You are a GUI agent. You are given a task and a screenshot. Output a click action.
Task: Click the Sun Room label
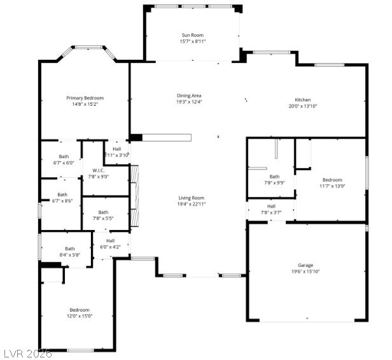click(192, 35)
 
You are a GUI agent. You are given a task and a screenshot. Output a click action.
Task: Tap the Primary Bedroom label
click(85, 98)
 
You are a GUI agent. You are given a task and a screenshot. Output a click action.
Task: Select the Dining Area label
click(189, 96)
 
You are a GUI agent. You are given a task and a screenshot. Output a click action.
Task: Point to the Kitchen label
click(302, 100)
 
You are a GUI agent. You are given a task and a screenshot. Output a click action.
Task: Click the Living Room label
click(191, 198)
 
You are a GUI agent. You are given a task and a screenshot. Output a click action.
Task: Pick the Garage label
click(305, 265)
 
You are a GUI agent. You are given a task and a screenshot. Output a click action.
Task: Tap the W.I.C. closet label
click(98, 170)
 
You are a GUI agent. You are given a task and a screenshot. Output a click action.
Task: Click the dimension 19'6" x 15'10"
click(305, 271)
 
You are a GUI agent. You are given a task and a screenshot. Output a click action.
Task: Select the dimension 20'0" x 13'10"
click(302, 106)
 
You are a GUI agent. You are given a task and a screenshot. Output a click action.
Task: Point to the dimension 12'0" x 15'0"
click(80, 316)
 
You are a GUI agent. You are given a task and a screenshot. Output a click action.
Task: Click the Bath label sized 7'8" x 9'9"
click(274, 176)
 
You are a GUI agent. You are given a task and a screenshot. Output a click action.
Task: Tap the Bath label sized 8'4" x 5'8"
click(70, 248)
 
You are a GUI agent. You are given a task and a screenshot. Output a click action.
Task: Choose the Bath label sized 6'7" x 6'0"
click(64, 156)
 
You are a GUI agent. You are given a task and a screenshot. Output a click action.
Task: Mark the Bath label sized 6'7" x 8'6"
click(62, 194)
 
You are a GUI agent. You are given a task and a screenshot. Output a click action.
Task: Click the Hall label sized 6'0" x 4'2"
click(110, 240)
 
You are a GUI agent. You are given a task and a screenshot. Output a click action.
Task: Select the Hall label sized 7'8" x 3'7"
click(271, 206)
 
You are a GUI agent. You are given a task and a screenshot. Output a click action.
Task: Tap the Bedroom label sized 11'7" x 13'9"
click(333, 180)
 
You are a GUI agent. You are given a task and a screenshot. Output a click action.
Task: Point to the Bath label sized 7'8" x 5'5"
click(103, 212)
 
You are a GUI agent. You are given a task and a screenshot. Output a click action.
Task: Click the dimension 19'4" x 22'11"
click(191, 204)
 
